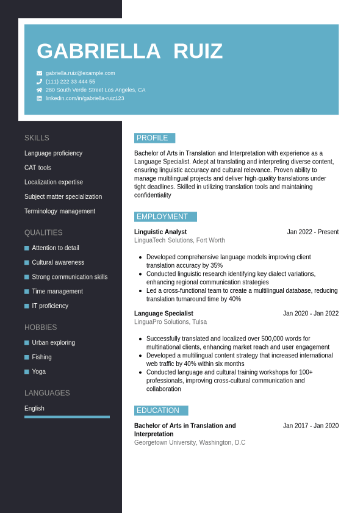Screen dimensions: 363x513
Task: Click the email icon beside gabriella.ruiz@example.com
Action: point(40,73)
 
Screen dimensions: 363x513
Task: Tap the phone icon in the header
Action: point(40,82)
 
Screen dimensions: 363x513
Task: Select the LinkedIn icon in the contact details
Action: point(40,98)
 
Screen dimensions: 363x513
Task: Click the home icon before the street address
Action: point(40,90)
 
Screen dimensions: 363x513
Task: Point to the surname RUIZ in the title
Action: point(198,51)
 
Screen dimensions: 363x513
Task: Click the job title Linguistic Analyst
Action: point(160,232)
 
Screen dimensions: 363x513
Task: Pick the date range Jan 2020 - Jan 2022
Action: point(311,314)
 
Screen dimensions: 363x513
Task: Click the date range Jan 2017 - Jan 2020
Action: point(311,426)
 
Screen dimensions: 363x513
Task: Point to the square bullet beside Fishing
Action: point(27,357)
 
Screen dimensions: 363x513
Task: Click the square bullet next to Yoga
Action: point(27,371)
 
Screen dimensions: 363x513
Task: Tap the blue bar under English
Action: point(67,417)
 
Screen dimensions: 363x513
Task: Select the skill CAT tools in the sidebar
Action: point(38,168)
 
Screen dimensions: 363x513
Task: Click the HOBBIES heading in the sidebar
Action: point(40,328)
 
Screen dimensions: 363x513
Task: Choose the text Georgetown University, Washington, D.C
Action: point(190,443)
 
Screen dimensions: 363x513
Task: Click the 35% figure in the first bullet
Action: point(217,266)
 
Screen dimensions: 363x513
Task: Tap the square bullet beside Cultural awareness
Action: point(27,262)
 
